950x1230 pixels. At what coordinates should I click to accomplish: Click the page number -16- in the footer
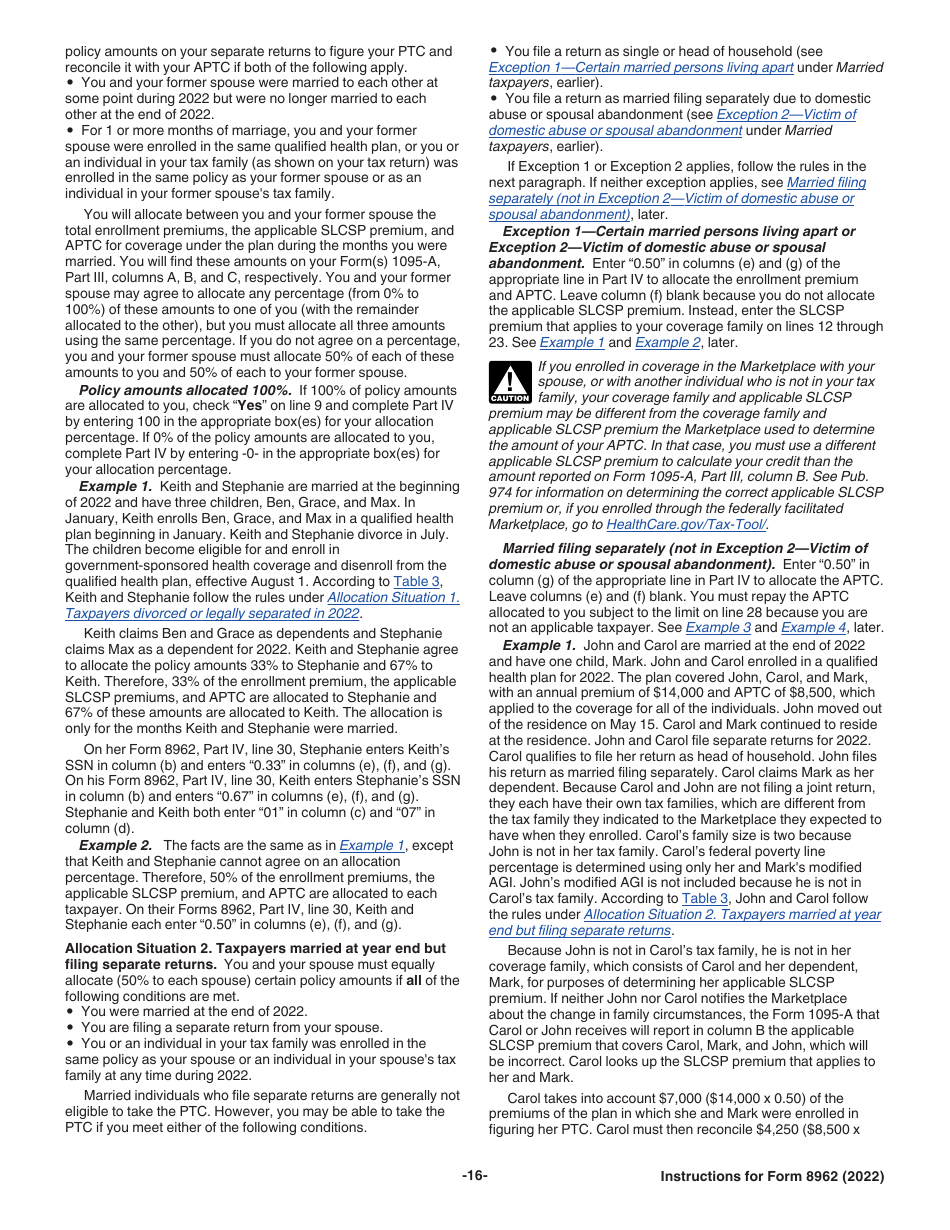click(474, 1176)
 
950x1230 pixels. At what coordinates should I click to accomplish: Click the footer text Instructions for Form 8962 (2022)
click(772, 1176)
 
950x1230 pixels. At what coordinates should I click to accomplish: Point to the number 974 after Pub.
click(502, 492)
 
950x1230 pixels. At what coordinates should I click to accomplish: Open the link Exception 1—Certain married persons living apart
click(641, 67)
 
